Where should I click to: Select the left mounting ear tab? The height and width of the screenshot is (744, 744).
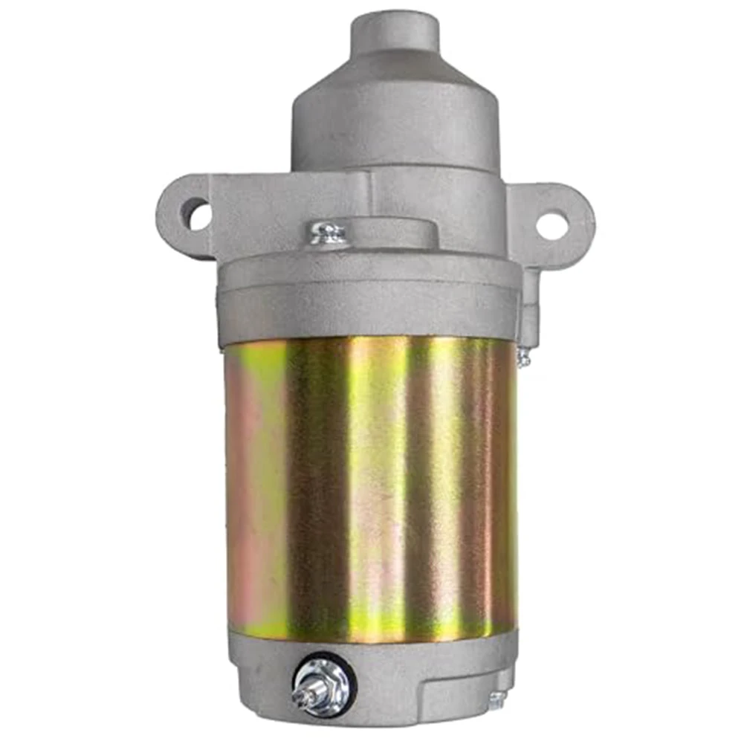(178, 216)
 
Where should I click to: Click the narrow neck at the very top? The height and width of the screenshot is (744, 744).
(395, 33)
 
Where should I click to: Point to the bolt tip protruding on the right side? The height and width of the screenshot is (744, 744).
(525, 357)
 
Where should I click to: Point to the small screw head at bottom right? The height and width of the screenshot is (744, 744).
(496, 699)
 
